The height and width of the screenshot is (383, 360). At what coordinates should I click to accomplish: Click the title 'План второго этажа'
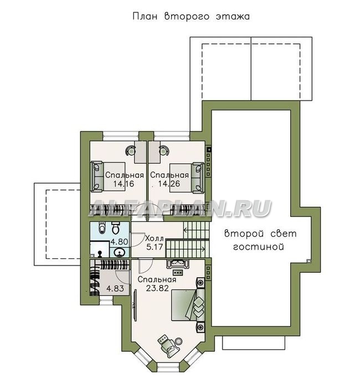click(191, 17)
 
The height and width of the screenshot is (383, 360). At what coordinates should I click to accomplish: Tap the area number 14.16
click(124, 183)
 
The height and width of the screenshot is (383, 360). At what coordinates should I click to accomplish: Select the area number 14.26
click(169, 183)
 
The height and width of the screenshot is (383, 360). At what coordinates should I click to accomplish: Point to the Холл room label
click(155, 238)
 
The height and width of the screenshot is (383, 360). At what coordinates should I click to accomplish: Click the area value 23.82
click(157, 288)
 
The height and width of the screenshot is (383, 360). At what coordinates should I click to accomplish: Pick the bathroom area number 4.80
click(119, 242)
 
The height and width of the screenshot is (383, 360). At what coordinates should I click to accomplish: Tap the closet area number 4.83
click(115, 288)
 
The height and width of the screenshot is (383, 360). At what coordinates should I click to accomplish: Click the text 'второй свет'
click(260, 234)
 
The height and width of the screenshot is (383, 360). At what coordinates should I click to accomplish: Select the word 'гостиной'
click(259, 247)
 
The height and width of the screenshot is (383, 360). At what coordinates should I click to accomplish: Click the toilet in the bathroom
click(116, 228)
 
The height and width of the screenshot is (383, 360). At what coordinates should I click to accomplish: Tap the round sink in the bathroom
click(120, 252)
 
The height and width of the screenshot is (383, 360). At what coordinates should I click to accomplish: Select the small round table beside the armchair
click(179, 341)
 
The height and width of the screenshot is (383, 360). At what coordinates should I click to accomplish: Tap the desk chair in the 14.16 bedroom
click(131, 150)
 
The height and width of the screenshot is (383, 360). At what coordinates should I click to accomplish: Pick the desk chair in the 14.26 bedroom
click(163, 150)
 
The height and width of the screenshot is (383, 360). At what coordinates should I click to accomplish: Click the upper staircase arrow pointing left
click(196, 230)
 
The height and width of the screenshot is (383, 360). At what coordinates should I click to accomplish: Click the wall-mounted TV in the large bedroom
click(135, 306)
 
